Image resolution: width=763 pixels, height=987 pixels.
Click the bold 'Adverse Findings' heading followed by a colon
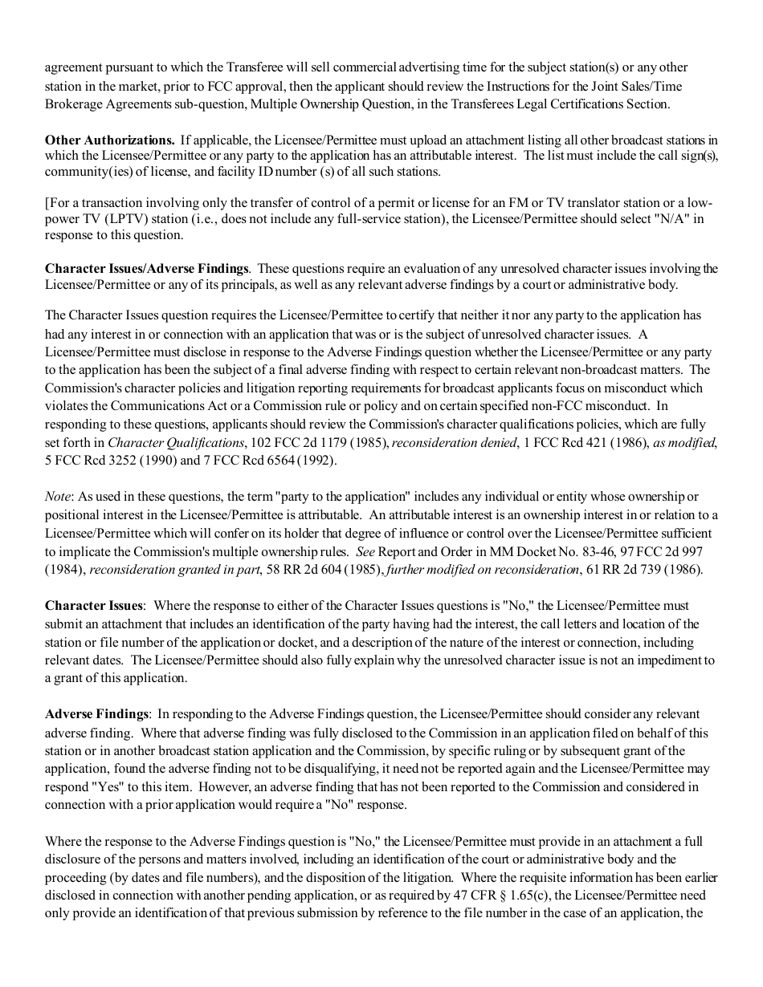96,714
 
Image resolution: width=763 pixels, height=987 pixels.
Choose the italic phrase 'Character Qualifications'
176,443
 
